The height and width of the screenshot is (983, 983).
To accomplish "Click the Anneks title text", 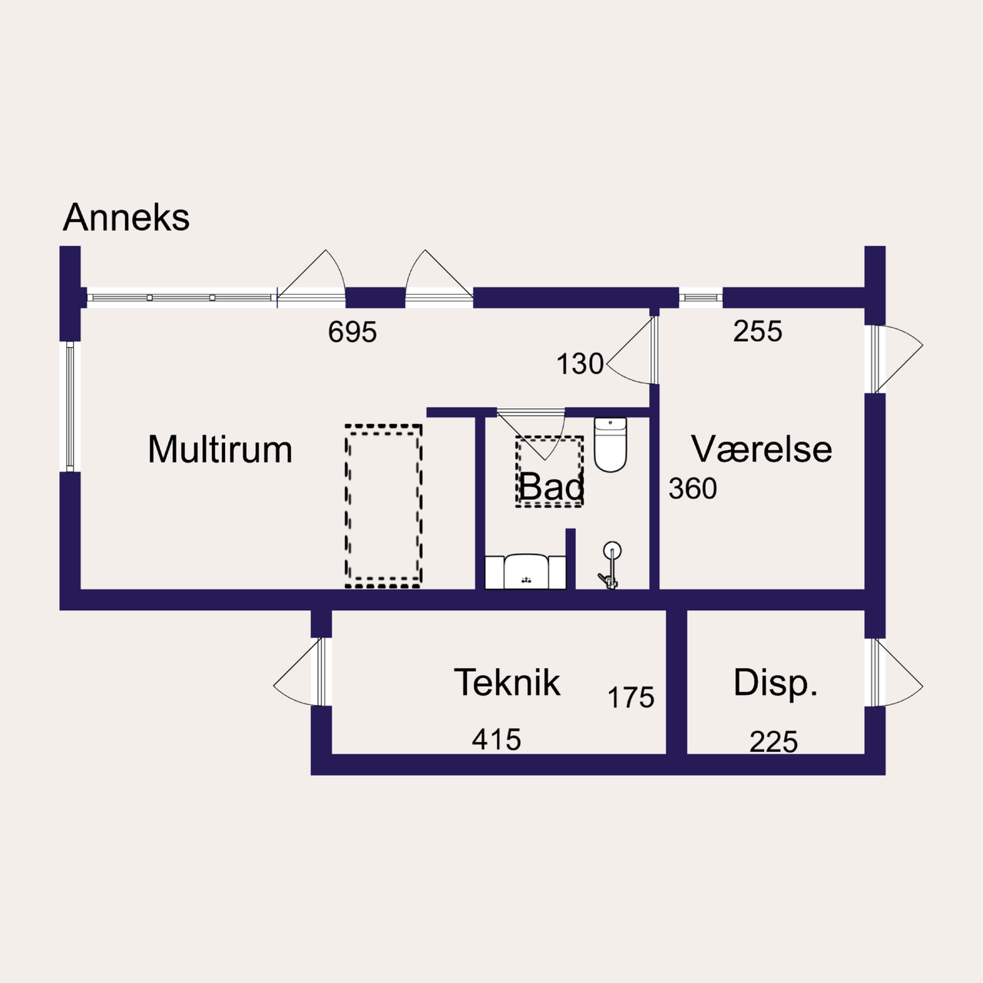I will pos(127,217).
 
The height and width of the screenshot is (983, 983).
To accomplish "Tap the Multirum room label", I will pos(220,449).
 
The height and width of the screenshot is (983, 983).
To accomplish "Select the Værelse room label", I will pos(761,449).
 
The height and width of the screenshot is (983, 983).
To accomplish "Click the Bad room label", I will pos(551,486).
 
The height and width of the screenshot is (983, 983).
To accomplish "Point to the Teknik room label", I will pos(507,682).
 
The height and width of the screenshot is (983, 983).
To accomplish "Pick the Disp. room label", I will pos(775,683).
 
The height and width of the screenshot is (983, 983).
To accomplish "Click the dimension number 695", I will pos(352,332).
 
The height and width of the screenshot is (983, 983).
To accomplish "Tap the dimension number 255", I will pos(757,331).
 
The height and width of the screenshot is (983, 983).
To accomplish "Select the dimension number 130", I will pos(580,364).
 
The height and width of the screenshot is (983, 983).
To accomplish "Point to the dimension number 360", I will pos(693,488).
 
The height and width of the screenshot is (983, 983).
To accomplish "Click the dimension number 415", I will pos(496,740).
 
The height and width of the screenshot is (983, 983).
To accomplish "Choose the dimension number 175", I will pos(631,697).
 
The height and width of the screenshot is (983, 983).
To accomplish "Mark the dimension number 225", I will pos(773,742).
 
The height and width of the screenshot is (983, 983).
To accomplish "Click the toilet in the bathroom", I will pos(611,444).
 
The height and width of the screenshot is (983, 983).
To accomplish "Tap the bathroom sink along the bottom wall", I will pos(526,571).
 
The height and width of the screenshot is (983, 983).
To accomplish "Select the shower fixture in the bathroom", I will pos(611,564).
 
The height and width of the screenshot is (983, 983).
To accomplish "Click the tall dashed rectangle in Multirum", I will pos(383,506).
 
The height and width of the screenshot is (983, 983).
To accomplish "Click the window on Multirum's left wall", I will pos(70,406).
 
